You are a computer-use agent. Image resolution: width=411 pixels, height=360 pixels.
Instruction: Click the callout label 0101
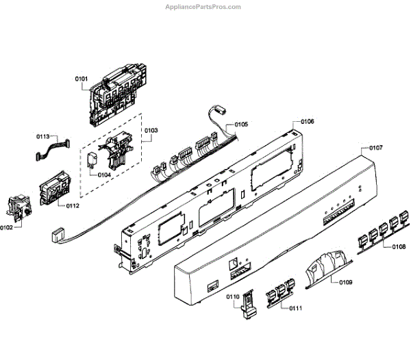82,79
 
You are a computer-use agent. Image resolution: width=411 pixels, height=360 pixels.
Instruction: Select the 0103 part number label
151,130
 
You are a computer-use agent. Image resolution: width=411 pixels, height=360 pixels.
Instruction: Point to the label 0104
103,175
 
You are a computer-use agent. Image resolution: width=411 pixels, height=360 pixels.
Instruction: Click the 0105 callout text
241,125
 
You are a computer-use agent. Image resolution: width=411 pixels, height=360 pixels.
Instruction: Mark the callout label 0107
375,148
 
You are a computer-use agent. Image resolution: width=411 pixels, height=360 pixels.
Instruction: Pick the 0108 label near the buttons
398,246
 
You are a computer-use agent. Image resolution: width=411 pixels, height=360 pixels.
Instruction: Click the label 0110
233,296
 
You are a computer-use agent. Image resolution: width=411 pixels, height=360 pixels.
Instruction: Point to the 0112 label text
73,205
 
